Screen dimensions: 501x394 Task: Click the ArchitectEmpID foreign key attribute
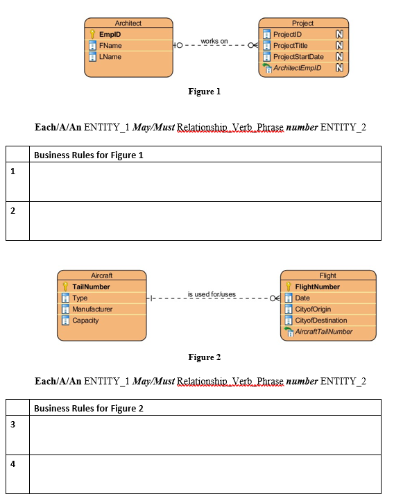(296, 67)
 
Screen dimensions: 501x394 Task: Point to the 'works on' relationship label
(214, 41)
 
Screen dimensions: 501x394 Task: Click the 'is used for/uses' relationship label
(212, 294)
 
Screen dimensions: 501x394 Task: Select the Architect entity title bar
(128, 23)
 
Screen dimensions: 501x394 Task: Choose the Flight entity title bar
(327, 275)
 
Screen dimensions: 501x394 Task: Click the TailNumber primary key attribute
(91, 287)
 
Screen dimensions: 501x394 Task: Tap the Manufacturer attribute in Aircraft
(92, 309)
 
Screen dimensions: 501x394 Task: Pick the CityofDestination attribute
(320, 320)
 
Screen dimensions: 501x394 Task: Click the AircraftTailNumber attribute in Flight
(323, 332)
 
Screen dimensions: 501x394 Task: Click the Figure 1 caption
(204, 91)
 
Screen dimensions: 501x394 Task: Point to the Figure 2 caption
(204, 357)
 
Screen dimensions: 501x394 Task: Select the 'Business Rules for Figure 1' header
(88, 155)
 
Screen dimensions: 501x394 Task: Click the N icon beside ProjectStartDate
(339, 56)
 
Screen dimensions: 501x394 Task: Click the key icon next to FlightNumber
(289, 287)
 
